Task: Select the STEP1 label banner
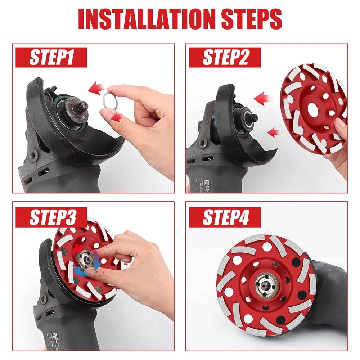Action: tap(51, 58)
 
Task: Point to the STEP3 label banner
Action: tap(51, 217)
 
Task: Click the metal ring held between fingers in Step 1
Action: tap(110, 98)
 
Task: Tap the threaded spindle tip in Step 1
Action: tap(82, 105)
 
